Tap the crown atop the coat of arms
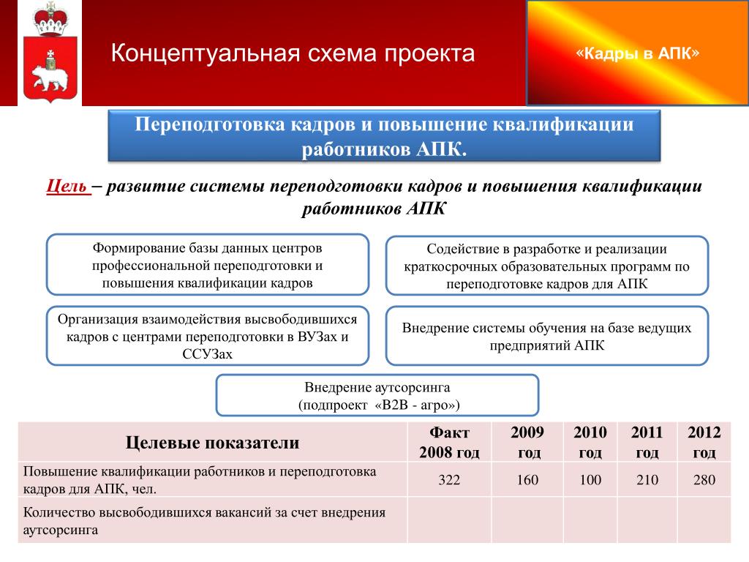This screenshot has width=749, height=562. pyautogui.click(x=50, y=19)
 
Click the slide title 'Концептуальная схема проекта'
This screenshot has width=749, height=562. pyautogui.click(x=293, y=53)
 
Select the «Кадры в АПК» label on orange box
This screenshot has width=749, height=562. pyautogui.click(x=637, y=53)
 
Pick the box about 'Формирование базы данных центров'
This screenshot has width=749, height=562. pyautogui.click(x=207, y=265)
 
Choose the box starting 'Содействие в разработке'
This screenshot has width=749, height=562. pyautogui.click(x=547, y=266)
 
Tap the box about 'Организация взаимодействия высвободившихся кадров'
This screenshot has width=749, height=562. pyautogui.click(x=207, y=336)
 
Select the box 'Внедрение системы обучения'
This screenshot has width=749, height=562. pyautogui.click(x=547, y=336)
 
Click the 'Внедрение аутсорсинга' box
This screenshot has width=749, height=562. pyautogui.click(x=377, y=395)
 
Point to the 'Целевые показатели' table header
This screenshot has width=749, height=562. pyautogui.click(x=213, y=443)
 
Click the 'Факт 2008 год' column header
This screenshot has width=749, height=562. pyautogui.click(x=449, y=442)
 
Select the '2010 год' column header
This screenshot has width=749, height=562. pyautogui.click(x=590, y=442)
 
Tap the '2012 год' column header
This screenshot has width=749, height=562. pyautogui.click(x=704, y=442)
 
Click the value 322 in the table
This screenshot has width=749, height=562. pyautogui.click(x=449, y=480)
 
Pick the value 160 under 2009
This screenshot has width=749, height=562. pyautogui.click(x=527, y=480)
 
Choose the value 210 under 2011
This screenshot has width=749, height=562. pyautogui.click(x=647, y=480)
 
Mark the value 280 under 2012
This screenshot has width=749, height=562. pyautogui.click(x=704, y=480)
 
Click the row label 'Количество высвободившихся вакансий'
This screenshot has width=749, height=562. pyautogui.click(x=205, y=521)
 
